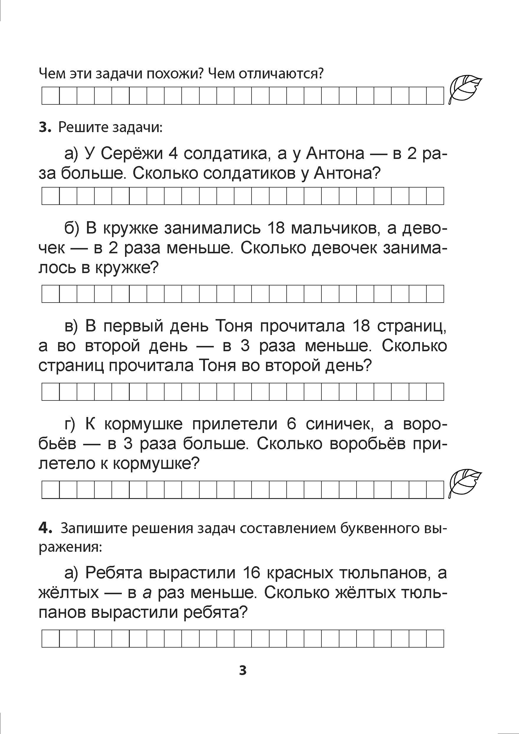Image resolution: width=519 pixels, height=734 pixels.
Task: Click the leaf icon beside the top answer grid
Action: (465, 90)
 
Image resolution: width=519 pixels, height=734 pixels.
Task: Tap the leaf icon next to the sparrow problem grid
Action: (465, 484)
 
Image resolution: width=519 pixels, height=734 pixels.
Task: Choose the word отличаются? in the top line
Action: (282, 74)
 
